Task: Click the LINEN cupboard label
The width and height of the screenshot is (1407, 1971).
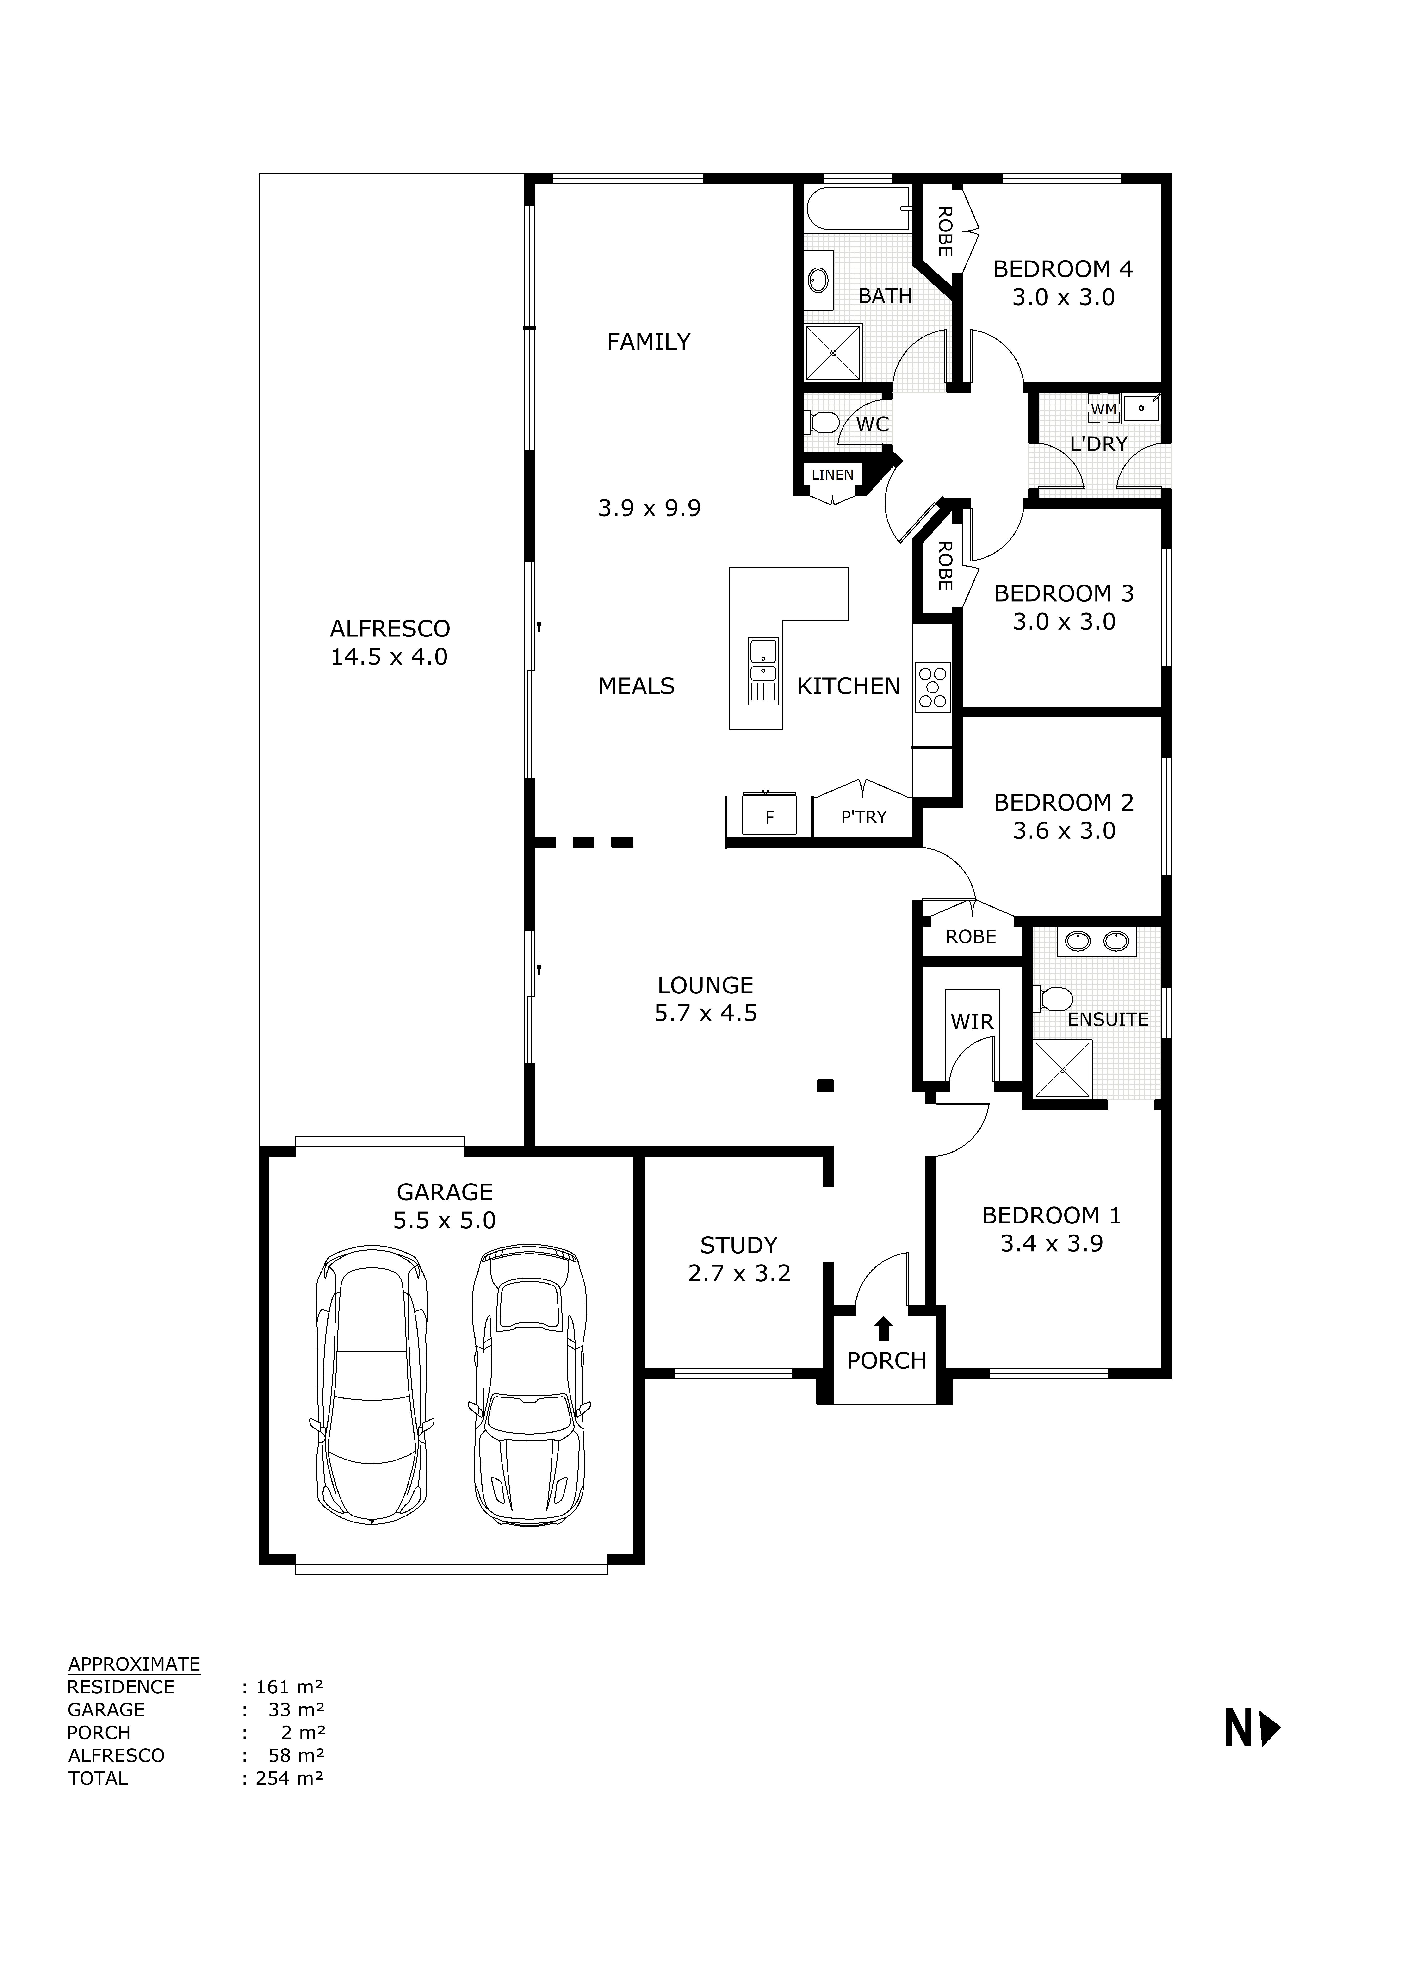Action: coord(832,475)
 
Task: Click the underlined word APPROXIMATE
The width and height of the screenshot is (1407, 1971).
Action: coord(134,1663)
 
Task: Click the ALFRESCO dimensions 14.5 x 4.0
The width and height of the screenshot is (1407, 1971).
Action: coord(389,657)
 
